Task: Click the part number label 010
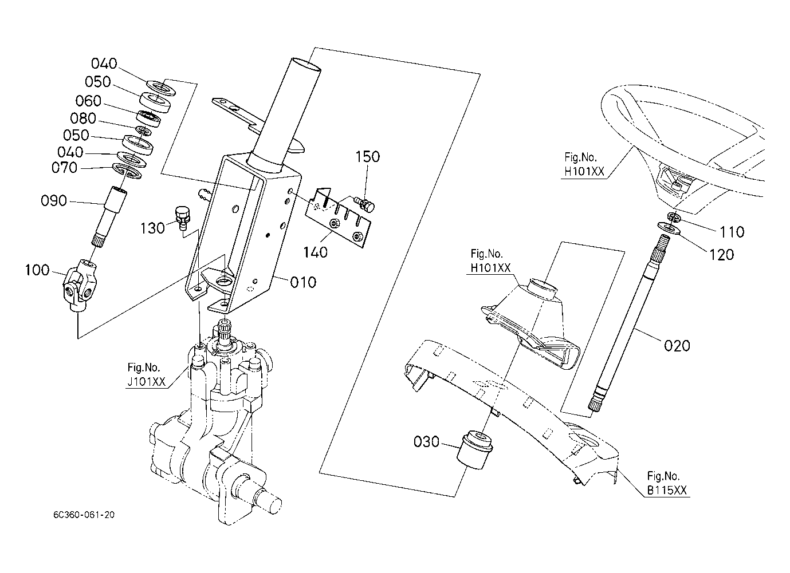tap(303, 282)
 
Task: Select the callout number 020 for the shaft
tap(677, 346)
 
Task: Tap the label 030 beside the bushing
tap(426, 441)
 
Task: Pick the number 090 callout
tap(54, 201)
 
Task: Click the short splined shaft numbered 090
tap(109, 217)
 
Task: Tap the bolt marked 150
tap(365, 204)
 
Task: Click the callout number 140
tap(315, 252)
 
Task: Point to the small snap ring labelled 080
tap(144, 131)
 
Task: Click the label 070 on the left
tap(64, 168)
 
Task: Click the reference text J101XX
tap(146, 382)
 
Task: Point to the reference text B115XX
tap(667, 491)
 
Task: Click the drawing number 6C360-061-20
tap(84, 515)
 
